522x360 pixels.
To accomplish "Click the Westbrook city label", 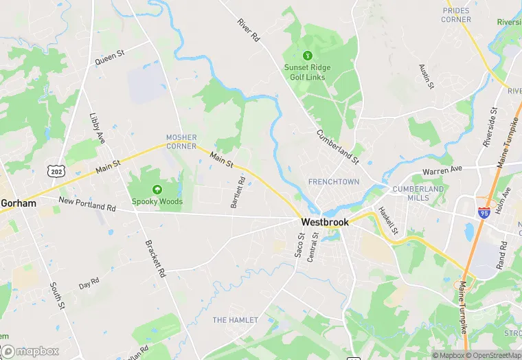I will click(x=325, y=223).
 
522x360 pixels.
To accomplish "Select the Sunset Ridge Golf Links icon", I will click(x=307, y=55).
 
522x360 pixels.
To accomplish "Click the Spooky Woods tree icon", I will click(x=157, y=189).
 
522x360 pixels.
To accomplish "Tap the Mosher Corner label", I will click(x=181, y=142).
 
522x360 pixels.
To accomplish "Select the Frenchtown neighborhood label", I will click(x=334, y=182).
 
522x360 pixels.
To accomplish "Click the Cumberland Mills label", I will click(x=418, y=193).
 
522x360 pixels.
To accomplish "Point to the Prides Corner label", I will click(x=457, y=15).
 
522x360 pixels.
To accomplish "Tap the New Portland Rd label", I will click(x=87, y=204).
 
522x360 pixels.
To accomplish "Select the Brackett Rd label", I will click(x=156, y=258).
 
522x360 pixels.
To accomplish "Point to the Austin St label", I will click(x=427, y=76).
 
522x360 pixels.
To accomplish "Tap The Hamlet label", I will click(x=235, y=320).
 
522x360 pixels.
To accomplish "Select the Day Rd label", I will click(x=89, y=282).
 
